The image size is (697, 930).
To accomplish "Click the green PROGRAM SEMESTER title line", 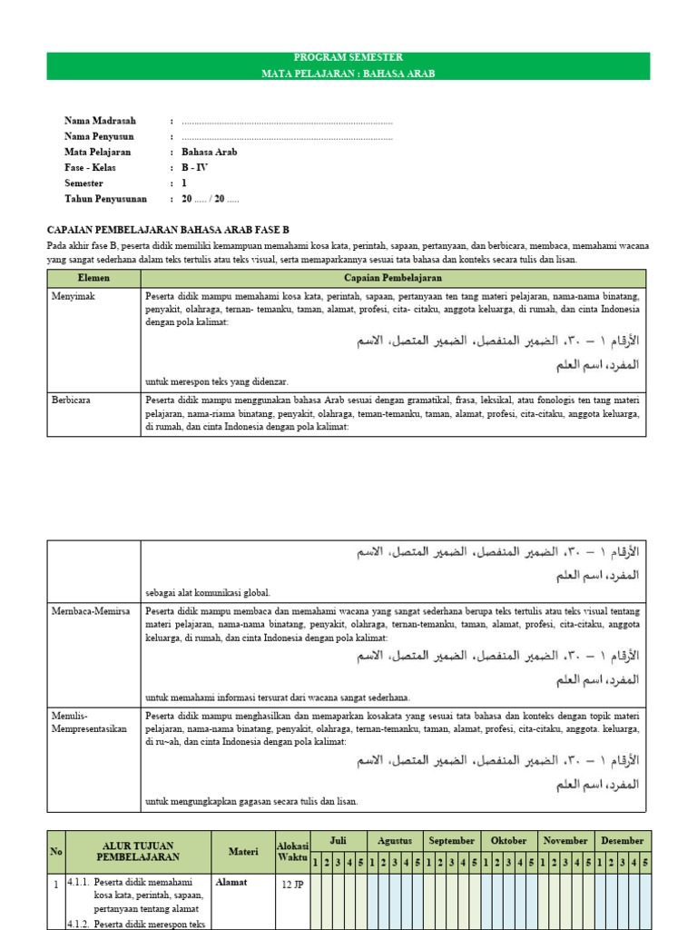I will coord(348,58).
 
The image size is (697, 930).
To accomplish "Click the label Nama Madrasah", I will coord(101,121).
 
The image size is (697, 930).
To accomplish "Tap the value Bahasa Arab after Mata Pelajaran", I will coord(209,152).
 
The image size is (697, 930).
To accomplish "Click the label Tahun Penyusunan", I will coord(107,198).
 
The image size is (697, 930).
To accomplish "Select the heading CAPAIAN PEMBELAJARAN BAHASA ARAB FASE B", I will coord(172,230).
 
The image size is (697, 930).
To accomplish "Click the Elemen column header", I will coord(94,278).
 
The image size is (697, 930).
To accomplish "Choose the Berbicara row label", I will coord(73,399).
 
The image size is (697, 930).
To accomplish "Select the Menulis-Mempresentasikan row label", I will coord(89,722).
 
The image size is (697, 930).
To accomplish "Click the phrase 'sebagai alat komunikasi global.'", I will coord(208,592).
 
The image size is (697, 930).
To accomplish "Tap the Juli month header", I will coord(339,840).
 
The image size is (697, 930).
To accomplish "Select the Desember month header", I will coord(622,840).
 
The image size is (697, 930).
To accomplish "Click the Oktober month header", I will coord(508,840).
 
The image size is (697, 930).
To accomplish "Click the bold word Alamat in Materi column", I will coord(232,881).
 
